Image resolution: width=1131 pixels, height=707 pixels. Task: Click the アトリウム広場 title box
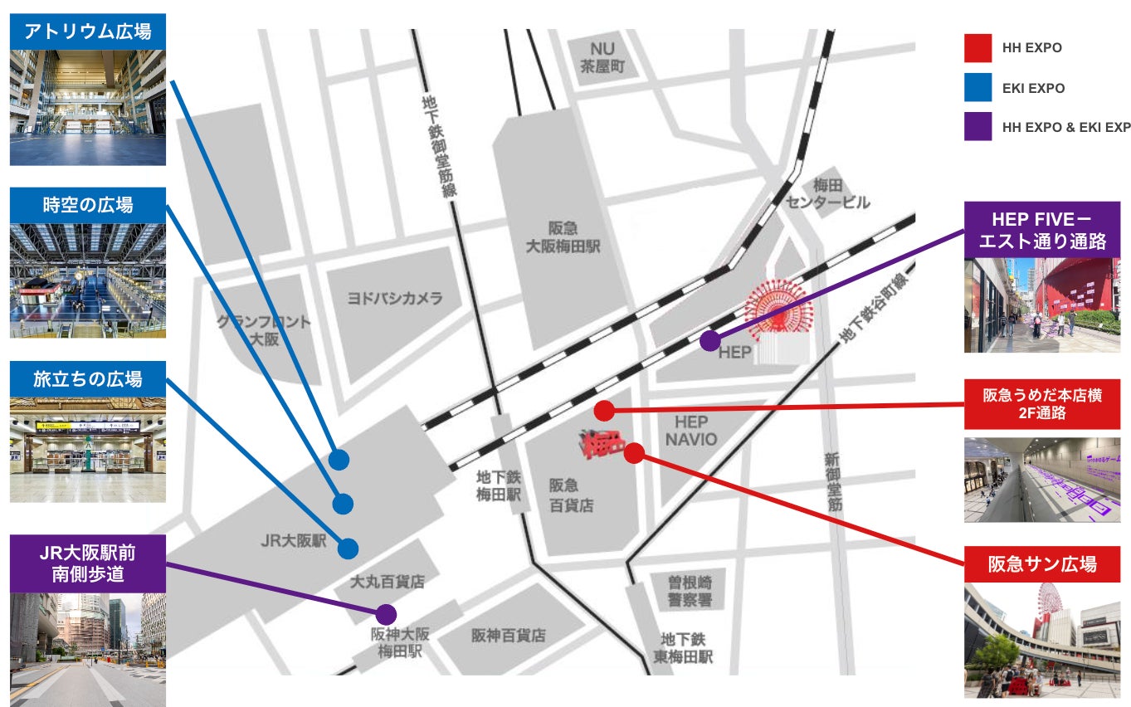point(87,32)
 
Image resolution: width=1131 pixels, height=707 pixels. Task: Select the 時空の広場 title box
point(87,205)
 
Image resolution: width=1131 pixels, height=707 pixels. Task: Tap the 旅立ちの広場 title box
point(87,378)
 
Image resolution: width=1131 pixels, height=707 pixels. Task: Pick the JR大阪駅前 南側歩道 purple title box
point(87,563)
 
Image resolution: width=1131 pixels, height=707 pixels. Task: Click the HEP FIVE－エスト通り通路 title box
point(1042,230)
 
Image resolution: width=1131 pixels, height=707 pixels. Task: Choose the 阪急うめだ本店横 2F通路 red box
point(1042,404)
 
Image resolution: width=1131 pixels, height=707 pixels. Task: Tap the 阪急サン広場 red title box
point(1042,564)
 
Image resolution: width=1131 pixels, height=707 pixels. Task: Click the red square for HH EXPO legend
point(977,48)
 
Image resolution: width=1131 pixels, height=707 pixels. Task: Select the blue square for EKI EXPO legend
point(977,88)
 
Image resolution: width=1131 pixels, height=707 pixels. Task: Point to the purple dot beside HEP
point(709,340)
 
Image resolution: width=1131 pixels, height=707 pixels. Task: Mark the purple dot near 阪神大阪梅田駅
point(385,614)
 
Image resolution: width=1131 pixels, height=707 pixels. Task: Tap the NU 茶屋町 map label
point(602,58)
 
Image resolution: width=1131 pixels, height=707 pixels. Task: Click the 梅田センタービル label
point(829,193)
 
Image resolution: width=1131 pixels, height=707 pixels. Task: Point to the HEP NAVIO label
point(690,430)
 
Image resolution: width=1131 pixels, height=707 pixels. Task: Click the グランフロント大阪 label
point(264,329)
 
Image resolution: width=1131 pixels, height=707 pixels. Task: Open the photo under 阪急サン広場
point(1042,640)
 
